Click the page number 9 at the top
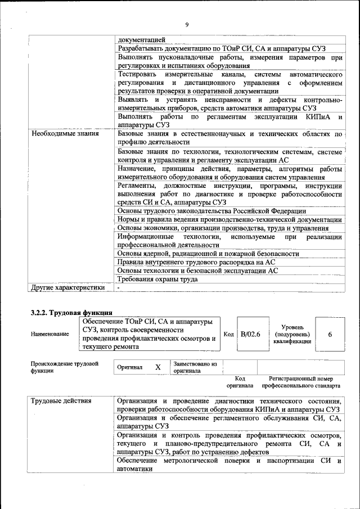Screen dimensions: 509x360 pyautogui.click(x=186, y=24)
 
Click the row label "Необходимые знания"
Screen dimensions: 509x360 pyautogui.click(x=65, y=134)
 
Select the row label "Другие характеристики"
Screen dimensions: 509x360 pyautogui.click(x=68, y=287)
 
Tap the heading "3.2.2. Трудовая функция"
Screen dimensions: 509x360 pyautogui.click(x=71, y=312)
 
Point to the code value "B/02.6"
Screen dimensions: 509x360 pyautogui.click(x=250, y=334)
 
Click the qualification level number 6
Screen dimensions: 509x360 pyautogui.click(x=330, y=334)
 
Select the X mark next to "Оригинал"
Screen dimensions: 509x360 pyautogui.click(x=158, y=367)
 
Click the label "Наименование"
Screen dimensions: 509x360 pyautogui.click(x=50, y=334)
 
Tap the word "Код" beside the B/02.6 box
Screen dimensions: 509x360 pyautogui.click(x=228, y=334)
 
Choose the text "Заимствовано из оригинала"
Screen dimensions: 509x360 pyautogui.click(x=195, y=367)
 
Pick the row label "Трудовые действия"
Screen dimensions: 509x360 pyautogui.click(x=61, y=401)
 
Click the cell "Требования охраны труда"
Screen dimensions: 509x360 pyautogui.click(x=157, y=279)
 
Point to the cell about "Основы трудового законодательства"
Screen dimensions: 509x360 pyautogui.click(x=211, y=210)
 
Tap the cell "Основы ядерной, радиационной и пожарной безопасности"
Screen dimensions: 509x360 pyautogui.click(x=208, y=253)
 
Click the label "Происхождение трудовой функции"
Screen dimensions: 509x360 pyautogui.click(x=65, y=367)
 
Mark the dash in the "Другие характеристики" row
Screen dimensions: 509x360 pyautogui.click(x=119, y=287)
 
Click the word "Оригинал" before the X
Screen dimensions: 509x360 pyautogui.click(x=129, y=367)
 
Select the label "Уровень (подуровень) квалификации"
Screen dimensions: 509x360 pyautogui.click(x=292, y=334)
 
